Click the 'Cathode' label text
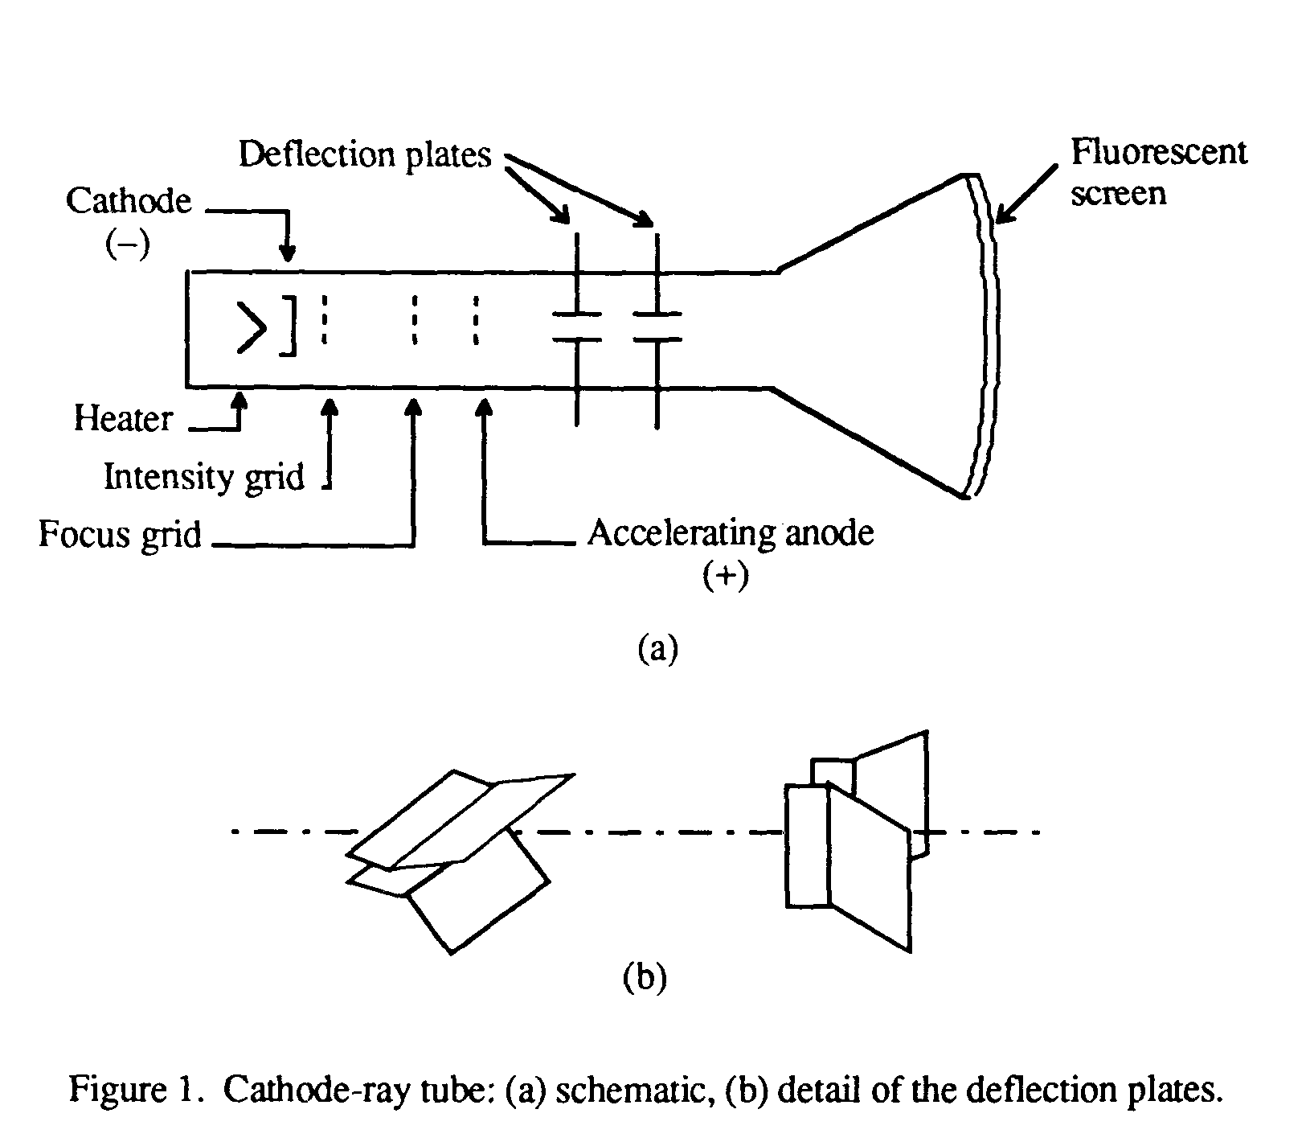(129, 200)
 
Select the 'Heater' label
(123, 418)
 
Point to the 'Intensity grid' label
(204, 476)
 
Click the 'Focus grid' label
(120, 533)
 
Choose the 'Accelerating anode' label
(730, 532)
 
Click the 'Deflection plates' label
(365, 154)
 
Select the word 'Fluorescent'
(1158, 152)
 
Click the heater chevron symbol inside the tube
(251, 327)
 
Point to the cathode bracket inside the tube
(289, 325)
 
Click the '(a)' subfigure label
(657, 647)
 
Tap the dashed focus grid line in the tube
(414, 320)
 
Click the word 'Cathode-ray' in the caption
(311, 1090)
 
